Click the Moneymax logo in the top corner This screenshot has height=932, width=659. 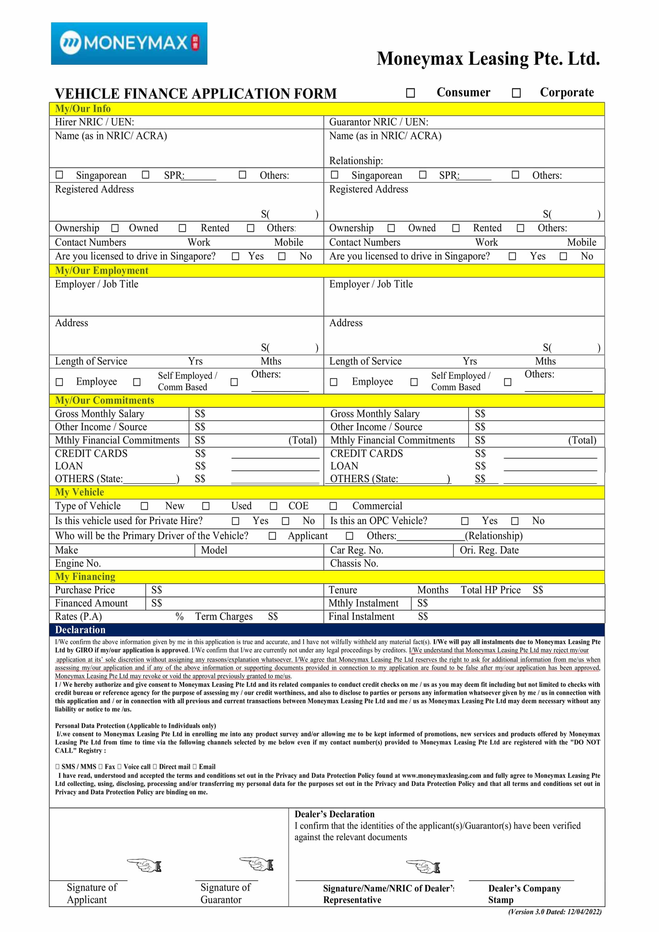[129, 43]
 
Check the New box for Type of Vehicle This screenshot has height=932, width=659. [144, 506]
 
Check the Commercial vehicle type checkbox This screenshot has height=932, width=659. [333, 506]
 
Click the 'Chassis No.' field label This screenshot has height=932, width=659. [354, 563]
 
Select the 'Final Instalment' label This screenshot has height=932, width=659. [361, 617]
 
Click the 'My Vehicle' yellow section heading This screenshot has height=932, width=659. [80, 492]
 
